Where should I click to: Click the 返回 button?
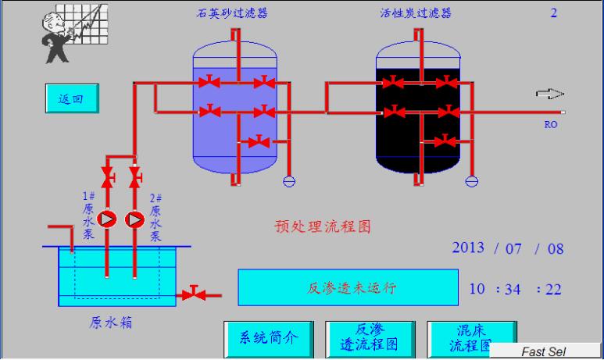[70, 99]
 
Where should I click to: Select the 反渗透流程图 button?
[371, 337]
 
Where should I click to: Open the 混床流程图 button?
[465, 336]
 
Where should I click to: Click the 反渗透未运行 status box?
[348, 288]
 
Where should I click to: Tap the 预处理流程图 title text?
[322, 226]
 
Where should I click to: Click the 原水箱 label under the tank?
[106, 322]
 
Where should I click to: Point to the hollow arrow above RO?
[550, 94]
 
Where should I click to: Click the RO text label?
[550, 123]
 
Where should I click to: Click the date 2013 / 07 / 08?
[507, 248]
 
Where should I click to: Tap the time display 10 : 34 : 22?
[515, 289]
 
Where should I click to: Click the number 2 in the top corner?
[554, 13]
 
